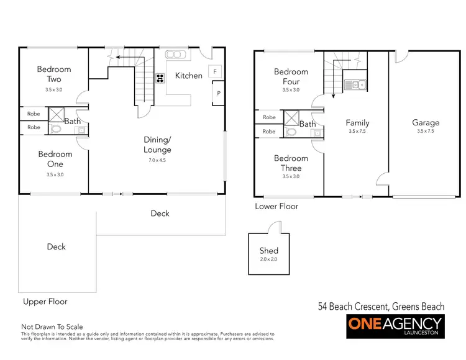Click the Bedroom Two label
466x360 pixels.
coord(54,74)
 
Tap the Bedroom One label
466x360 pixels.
coord(55,159)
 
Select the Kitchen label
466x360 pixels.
coord(188,76)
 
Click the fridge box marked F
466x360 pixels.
coord(215,72)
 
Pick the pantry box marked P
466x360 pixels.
coord(219,94)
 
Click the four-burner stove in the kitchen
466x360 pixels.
coord(160,78)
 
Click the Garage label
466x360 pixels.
coord(425,123)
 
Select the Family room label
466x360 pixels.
coord(357,123)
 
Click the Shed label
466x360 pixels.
coord(270,251)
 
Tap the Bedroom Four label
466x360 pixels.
coord(291,77)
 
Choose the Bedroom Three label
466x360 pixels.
coord(291,163)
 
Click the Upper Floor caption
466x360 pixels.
coord(45,302)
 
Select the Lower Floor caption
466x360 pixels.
coord(276,206)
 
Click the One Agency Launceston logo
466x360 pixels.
coord(395,326)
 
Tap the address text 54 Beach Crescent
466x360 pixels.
coord(381,306)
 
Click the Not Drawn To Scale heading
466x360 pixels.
coord(52,326)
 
